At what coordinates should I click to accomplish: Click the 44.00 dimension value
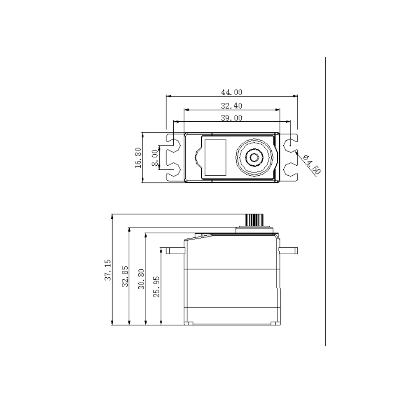[x=232, y=92]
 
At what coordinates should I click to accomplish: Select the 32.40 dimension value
[x=232, y=106]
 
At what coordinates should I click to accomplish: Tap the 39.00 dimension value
[x=232, y=118]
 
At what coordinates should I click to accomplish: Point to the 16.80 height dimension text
[x=138, y=158]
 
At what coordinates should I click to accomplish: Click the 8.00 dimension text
[x=155, y=158]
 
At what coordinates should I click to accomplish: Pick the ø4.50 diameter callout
[x=312, y=165]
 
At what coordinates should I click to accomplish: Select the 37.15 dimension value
[x=108, y=270]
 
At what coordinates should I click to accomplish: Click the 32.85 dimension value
[x=125, y=276]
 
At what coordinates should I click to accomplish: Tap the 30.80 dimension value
[x=141, y=279]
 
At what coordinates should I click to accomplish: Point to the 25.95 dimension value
[x=156, y=287]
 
